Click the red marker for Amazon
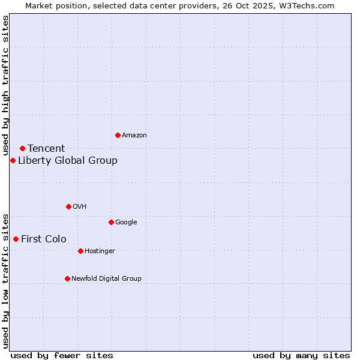(x=118, y=135)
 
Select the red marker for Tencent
(x=22, y=148)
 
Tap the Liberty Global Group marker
(x=13, y=160)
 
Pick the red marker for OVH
(x=68, y=206)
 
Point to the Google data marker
(x=111, y=222)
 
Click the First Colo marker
(x=16, y=239)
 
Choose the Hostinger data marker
(x=80, y=251)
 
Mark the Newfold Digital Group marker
(x=67, y=278)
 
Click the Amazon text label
(x=134, y=136)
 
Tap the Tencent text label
(x=46, y=149)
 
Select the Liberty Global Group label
(x=68, y=161)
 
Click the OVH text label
(x=80, y=207)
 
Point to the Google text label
(x=126, y=223)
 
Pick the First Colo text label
(x=44, y=239)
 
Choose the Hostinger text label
(x=100, y=251)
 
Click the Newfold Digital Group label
(x=106, y=279)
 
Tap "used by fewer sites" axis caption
(x=62, y=355)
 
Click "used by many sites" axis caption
(x=301, y=355)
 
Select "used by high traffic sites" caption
(x=6, y=86)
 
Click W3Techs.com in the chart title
(x=307, y=6)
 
